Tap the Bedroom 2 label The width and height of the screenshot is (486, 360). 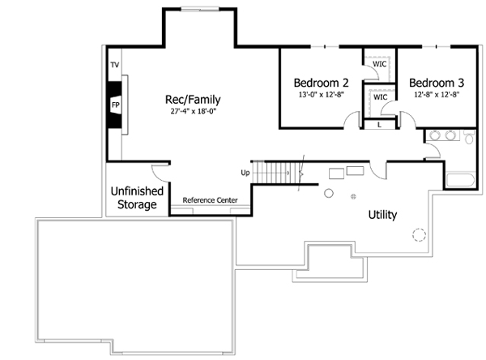tap(321, 83)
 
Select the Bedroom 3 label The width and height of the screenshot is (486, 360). tap(436, 83)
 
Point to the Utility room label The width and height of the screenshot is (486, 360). tap(382, 215)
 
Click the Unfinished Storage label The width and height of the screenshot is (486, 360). tap(137, 198)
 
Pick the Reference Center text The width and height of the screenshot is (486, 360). tap(209, 200)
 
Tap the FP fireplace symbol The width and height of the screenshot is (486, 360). tap(115, 105)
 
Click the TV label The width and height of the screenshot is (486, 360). tap(114, 64)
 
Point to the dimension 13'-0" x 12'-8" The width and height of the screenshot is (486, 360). tap(321, 95)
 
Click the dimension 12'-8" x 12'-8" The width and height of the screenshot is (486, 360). tap(436, 95)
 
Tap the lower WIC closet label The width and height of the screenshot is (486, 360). tap(380, 97)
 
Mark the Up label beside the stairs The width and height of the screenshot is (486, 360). tap(244, 173)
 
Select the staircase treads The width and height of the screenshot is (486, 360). tap(275, 173)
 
